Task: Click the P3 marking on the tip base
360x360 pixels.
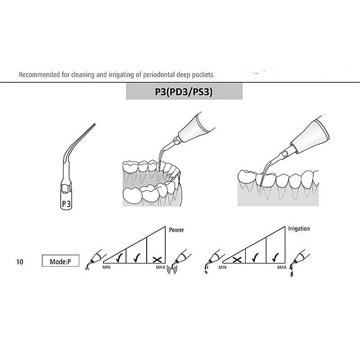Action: (x=66, y=204)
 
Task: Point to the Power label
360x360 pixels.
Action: (x=176, y=229)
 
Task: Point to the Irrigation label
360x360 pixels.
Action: (x=299, y=229)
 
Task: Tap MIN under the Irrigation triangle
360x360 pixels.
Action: (x=222, y=268)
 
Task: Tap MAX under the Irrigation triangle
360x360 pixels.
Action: (x=282, y=268)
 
